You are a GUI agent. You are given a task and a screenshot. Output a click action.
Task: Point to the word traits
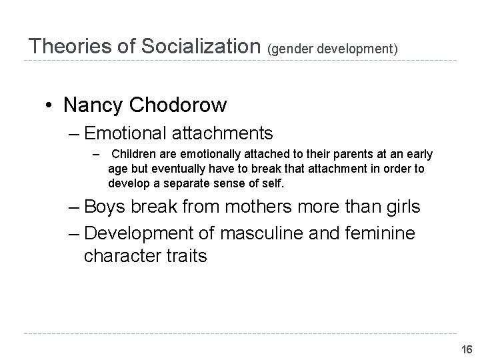183,256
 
